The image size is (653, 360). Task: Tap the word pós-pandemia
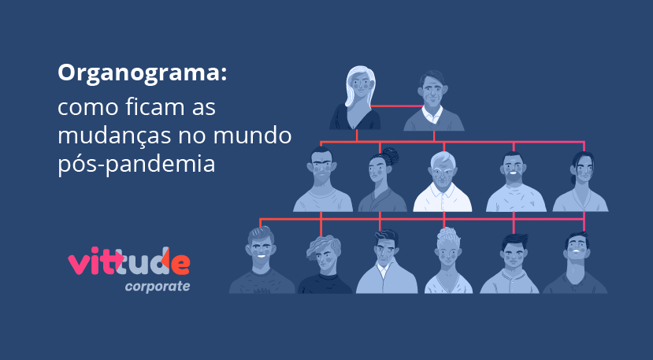(136, 165)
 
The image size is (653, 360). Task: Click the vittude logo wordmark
(129, 262)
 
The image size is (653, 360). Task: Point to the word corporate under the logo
(158, 287)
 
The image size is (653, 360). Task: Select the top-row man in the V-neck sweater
(433, 100)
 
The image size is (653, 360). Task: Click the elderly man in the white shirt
(442, 182)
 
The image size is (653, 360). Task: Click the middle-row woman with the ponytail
(581, 182)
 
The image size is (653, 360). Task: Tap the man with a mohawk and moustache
(322, 180)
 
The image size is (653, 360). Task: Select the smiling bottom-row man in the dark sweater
(262, 260)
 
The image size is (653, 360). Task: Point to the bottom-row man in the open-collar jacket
(386, 262)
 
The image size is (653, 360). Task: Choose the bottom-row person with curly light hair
(448, 261)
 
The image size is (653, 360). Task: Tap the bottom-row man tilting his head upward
(576, 263)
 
